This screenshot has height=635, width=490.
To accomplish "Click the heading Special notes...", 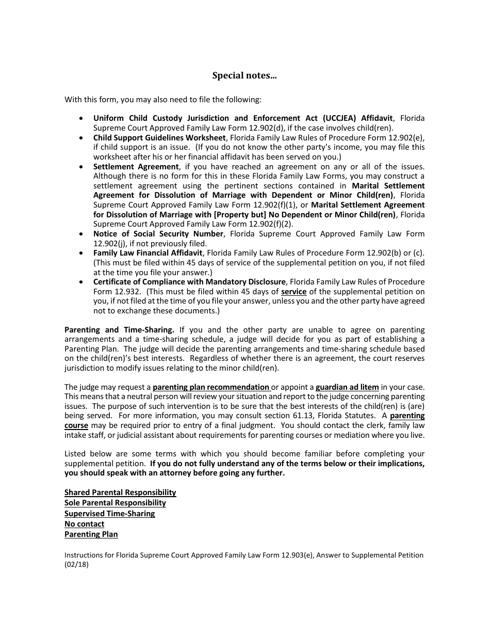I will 244,75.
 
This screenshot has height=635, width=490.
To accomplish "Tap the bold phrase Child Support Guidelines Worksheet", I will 159,138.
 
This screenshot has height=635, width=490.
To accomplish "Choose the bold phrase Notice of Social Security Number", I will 158,234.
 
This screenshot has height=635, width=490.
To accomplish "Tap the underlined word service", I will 293,292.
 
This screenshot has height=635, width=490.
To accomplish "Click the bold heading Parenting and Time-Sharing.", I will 119,330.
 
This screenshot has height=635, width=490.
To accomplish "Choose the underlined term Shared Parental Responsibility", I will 120,493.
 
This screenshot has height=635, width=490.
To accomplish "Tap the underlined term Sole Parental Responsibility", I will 115,503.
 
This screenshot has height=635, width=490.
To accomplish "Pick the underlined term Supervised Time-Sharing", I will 109,514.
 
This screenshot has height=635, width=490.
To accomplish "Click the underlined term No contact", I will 84,524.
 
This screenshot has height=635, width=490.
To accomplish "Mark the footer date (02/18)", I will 76,565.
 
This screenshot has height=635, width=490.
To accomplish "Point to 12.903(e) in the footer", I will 298,555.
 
